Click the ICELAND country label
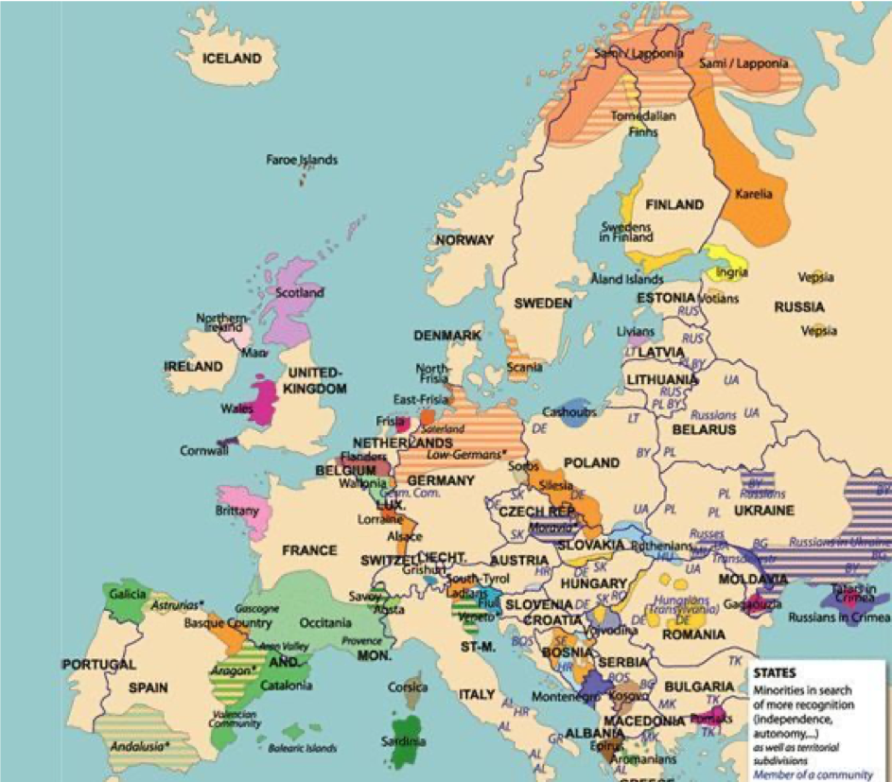(232, 59)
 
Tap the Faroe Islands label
(302, 160)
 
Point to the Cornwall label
(204, 451)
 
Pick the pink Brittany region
(244, 510)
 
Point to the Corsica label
(408, 687)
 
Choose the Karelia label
(753, 195)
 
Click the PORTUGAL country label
(99, 665)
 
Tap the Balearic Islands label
(303, 748)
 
